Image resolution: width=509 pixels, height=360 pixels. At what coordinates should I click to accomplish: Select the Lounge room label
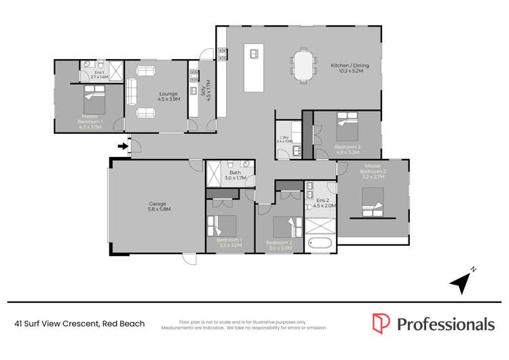point(168,96)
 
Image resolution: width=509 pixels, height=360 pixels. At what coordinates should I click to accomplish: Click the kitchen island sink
point(256,54)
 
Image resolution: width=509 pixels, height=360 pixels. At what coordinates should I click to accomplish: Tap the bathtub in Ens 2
point(320,242)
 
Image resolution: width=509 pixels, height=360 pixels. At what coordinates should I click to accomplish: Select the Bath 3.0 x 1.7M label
point(235,175)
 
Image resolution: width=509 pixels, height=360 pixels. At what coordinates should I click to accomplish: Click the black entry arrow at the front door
point(122,145)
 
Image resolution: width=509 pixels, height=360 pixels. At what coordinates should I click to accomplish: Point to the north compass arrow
point(464,280)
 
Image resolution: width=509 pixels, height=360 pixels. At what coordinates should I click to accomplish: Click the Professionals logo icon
point(381,323)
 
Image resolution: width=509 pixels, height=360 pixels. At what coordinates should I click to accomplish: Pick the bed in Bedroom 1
point(223,226)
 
